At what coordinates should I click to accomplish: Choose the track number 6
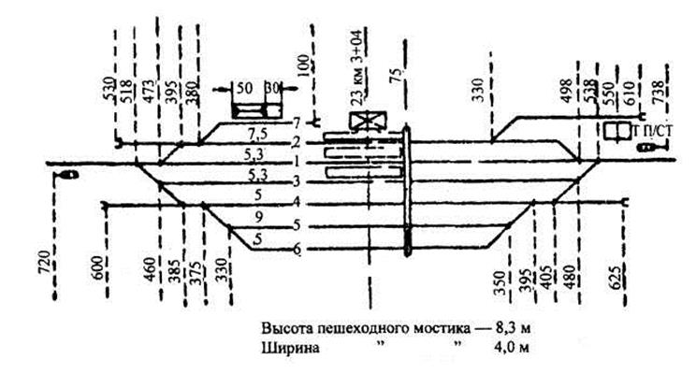point(297,250)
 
